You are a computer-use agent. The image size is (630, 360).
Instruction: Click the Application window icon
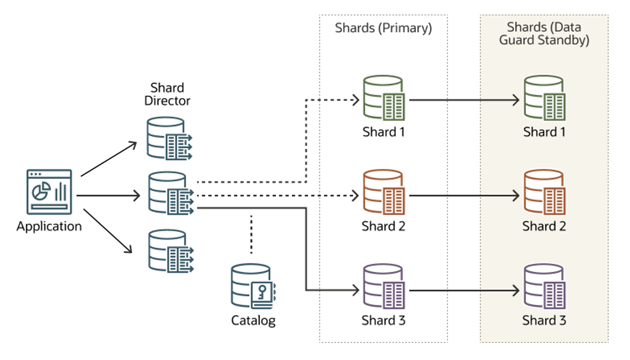tap(49, 192)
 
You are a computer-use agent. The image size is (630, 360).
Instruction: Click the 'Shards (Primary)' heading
tap(383, 28)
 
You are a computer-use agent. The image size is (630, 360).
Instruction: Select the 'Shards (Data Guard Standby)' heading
tap(544, 33)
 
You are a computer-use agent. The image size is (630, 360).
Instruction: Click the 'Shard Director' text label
tap(167, 94)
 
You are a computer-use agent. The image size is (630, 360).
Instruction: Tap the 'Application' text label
tap(49, 226)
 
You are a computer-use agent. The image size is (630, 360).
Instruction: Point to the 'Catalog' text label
tap(253, 321)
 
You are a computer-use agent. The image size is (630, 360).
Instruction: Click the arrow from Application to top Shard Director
tap(108, 159)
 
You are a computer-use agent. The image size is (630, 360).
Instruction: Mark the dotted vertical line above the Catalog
tap(252, 234)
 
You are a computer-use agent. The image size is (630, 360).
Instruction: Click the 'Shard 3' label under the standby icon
tap(544, 321)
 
